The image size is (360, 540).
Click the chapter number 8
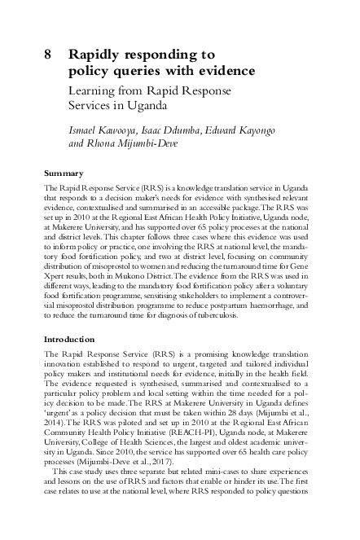click(x=49, y=55)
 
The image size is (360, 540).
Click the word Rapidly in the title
click(x=95, y=55)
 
